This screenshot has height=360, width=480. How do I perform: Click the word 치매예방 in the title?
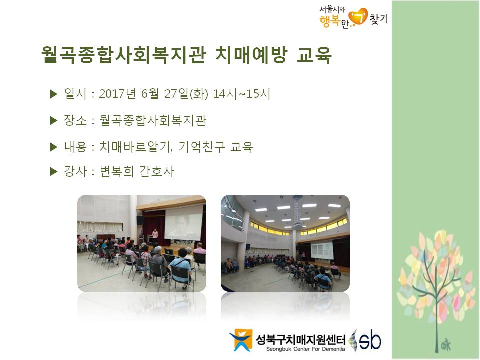(x=251, y=55)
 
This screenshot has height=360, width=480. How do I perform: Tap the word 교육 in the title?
(x=314, y=55)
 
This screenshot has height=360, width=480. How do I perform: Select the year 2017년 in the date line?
(x=117, y=94)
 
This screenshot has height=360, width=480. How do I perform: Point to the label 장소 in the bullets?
(x=75, y=120)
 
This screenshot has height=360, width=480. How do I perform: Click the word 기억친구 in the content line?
(x=201, y=147)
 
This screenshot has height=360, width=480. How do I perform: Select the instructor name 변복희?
(x=117, y=171)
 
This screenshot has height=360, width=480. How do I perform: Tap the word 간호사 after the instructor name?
(x=157, y=171)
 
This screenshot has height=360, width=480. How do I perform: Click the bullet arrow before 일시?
(x=54, y=94)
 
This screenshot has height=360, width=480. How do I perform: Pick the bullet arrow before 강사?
(x=54, y=171)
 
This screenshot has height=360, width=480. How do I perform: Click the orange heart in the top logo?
(x=358, y=17)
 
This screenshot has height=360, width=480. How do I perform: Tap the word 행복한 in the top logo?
(x=334, y=21)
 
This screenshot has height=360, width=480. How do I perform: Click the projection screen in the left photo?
(x=183, y=223)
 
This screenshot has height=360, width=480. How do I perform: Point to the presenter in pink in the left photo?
(x=155, y=235)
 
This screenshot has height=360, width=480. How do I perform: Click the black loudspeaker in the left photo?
(x=140, y=220)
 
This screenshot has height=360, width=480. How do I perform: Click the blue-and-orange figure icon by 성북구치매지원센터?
(x=241, y=340)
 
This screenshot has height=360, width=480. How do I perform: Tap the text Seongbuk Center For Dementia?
(x=306, y=349)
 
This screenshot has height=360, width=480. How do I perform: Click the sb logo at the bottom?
(x=365, y=340)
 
